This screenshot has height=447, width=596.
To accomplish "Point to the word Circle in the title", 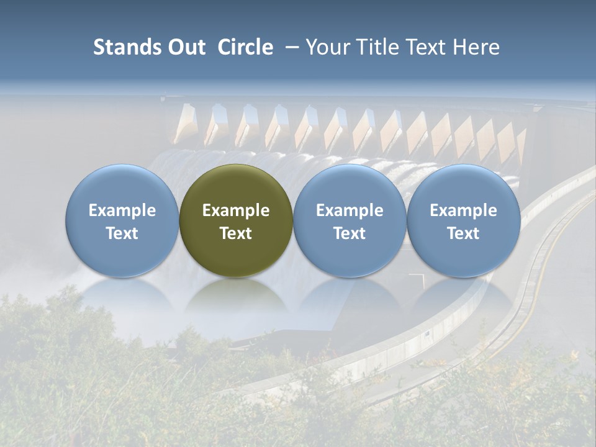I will [x=245, y=47].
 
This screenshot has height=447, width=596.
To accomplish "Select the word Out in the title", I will [x=185, y=47].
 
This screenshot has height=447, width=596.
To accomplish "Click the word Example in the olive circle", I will [x=236, y=210].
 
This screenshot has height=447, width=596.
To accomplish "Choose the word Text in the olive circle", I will [x=236, y=233].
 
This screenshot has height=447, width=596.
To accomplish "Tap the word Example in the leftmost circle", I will [x=122, y=210].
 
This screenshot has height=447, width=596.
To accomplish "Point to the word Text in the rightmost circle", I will [x=463, y=233].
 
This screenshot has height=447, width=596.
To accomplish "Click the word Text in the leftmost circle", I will [x=122, y=233].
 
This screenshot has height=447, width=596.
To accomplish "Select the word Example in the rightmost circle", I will [x=463, y=210].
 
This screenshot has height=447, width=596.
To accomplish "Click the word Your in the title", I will [x=328, y=47].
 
